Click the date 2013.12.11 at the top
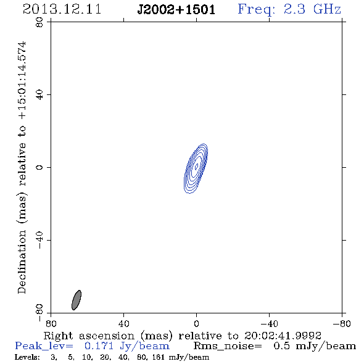(62, 9)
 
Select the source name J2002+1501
(176, 9)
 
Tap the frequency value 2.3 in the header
(294, 9)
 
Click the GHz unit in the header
(328, 9)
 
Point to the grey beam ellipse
(77, 300)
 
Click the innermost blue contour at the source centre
(196, 166)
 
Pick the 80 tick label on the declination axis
(39, 22)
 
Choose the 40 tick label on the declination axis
(39, 95)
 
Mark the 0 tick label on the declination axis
(39, 167)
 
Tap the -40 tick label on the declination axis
(39, 240)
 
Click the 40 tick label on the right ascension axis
(123, 324)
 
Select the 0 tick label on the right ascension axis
(196, 324)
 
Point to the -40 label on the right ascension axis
(269, 324)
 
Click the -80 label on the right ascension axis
(342, 324)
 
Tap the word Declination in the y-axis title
(22, 262)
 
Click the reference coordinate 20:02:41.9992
(283, 336)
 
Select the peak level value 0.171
(99, 346)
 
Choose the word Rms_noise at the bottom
(228, 346)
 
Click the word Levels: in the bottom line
(27, 357)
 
